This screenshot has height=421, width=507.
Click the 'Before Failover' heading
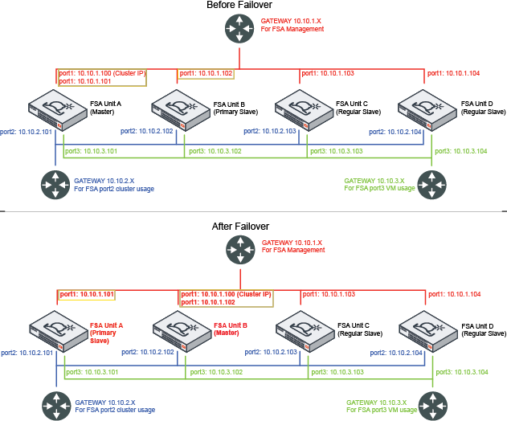tap(239, 6)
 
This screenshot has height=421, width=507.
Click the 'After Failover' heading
tap(240, 227)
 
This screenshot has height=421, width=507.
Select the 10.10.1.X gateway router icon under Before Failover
tap(239, 30)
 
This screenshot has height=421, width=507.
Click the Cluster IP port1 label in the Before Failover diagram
tap(102, 73)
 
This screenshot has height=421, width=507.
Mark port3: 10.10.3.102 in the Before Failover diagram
tap(215, 150)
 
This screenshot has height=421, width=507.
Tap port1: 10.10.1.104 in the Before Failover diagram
tap(454, 73)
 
